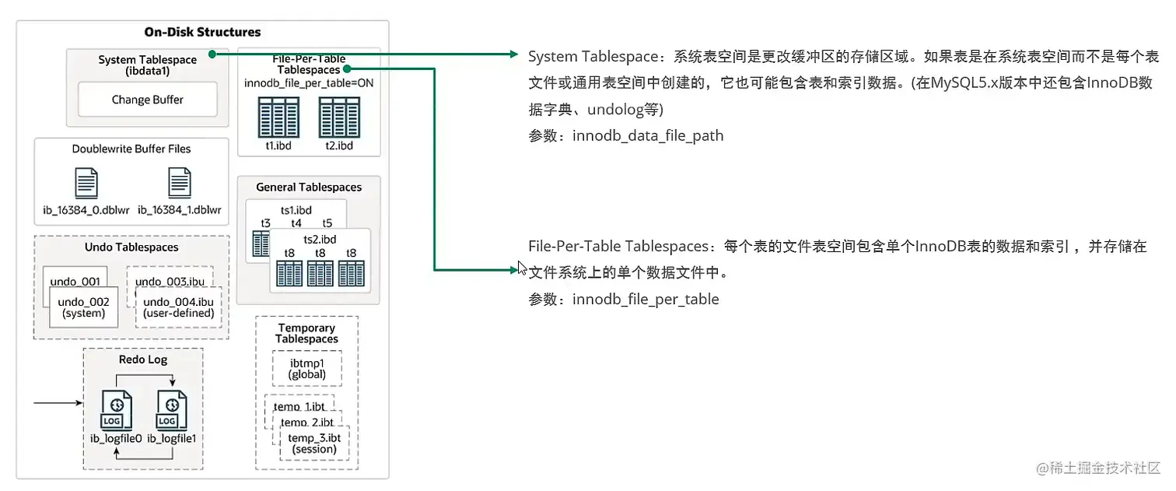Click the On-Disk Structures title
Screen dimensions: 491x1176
(202, 32)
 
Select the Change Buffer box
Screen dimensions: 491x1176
(148, 100)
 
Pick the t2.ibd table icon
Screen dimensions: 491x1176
(339, 117)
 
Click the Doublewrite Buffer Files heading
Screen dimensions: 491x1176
(131, 149)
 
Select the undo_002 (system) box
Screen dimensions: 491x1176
(83, 307)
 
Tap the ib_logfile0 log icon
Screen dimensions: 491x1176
(116, 411)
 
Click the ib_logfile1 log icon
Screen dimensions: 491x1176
(171, 411)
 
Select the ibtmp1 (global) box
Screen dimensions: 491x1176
(306, 369)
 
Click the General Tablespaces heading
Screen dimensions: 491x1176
(309, 187)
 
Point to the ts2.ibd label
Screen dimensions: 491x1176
(320, 239)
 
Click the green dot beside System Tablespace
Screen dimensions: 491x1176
(212, 54)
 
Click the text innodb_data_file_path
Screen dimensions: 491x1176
(648, 136)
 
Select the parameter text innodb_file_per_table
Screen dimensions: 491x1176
(646, 300)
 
